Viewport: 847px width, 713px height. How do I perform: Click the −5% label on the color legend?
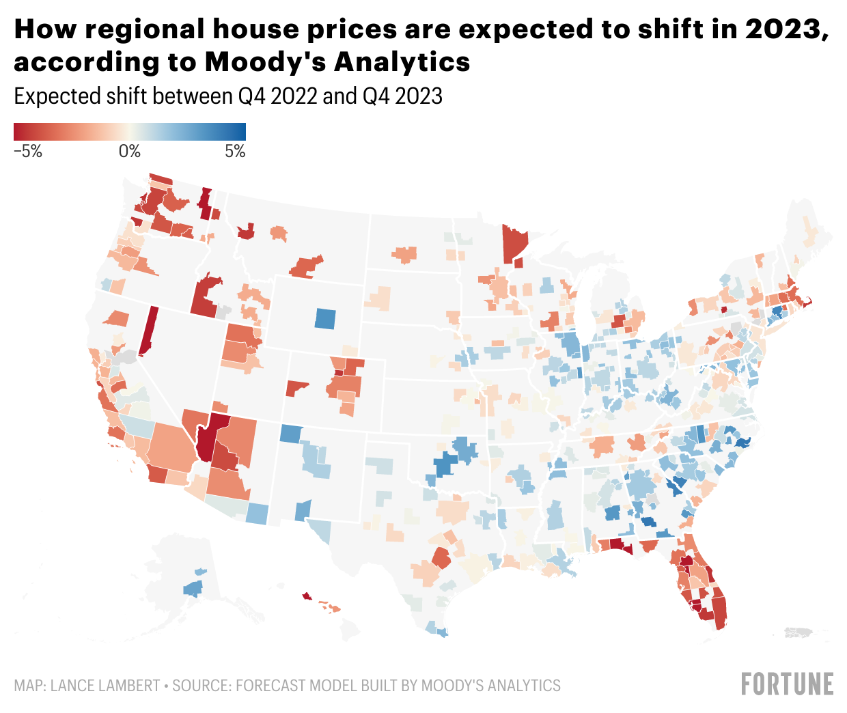(27, 152)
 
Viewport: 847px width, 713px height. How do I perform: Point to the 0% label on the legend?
(130, 152)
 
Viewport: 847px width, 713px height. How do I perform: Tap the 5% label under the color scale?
(235, 152)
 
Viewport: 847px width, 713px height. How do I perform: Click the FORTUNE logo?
(788, 684)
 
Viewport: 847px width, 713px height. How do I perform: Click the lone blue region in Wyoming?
(326, 318)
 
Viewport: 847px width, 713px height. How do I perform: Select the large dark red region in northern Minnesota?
(514, 243)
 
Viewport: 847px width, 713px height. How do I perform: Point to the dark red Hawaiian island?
(307, 596)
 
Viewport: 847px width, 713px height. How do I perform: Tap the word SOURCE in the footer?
(201, 685)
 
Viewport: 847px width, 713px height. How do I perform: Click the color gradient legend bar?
(130, 132)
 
